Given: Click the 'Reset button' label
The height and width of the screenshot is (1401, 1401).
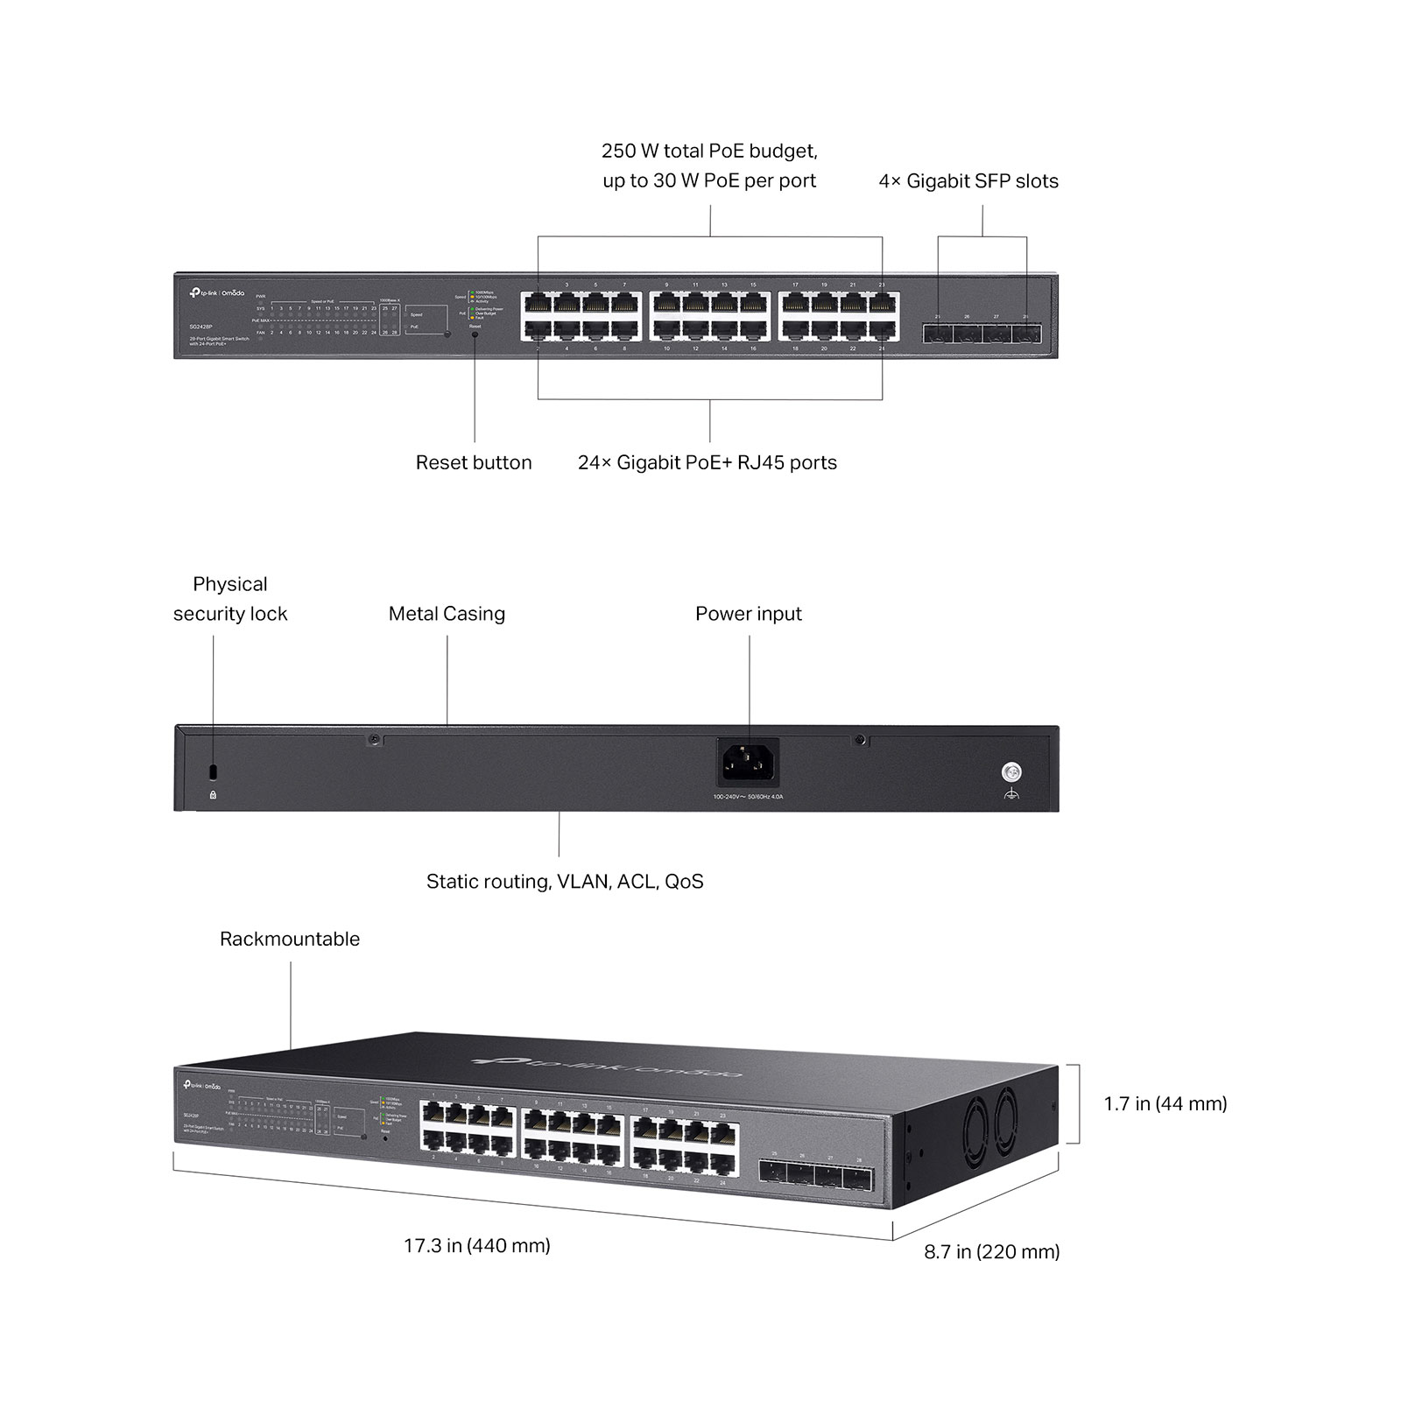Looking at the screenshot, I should point(474,462).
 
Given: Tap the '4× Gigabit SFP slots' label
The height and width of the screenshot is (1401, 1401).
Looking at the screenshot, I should point(968,181).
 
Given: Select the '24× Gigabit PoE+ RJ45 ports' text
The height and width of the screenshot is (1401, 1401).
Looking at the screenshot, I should point(707,462).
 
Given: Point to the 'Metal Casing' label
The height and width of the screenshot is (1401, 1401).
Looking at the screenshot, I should point(447,614).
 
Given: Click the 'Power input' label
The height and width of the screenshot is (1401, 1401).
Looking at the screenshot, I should point(748,614).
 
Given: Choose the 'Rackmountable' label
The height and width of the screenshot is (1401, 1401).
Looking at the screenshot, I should point(290,939).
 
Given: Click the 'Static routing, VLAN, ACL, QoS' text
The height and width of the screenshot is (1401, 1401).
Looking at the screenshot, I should point(565,882).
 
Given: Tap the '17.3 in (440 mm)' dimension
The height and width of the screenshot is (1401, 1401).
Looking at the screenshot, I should point(477,1245).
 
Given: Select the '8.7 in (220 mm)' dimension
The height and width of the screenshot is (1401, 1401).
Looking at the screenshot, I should point(992,1251).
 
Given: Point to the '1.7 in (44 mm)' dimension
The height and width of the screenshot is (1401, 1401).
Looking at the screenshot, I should point(1165,1103).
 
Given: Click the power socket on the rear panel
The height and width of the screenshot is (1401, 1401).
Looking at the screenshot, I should point(748,763).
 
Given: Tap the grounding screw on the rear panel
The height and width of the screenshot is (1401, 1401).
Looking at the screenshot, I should point(1011,772).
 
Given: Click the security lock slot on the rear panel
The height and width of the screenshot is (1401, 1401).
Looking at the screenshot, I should point(213,772).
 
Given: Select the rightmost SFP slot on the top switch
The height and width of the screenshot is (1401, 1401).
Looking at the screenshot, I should point(1026,334).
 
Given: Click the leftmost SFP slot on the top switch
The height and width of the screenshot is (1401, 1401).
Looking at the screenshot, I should point(937,334).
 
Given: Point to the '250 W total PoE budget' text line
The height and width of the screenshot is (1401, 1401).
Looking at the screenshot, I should point(709,151).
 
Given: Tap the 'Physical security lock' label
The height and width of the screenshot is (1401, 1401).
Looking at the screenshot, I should point(230,599).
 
